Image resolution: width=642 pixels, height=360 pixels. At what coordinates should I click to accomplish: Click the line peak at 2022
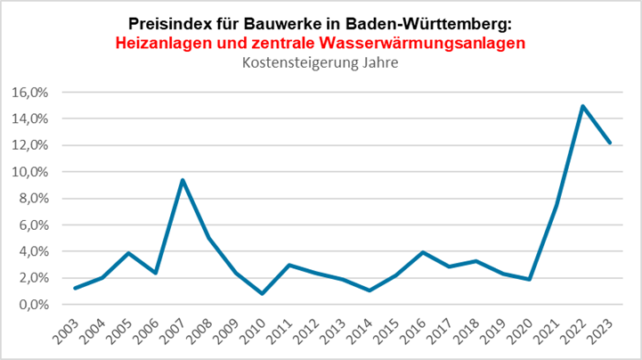coord(582,107)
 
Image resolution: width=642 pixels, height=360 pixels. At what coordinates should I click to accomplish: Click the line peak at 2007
coord(183,180)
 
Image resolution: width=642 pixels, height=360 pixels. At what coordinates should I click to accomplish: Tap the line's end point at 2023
coord(609,143)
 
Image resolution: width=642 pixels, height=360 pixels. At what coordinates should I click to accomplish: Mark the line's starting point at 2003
coord(76,288)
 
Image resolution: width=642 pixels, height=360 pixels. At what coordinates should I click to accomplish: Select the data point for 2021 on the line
coord(556,205)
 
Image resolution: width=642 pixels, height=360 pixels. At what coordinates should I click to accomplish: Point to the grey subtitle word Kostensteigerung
coord(290,62)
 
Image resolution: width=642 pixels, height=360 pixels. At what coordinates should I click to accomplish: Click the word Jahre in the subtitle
coord(374,62)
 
